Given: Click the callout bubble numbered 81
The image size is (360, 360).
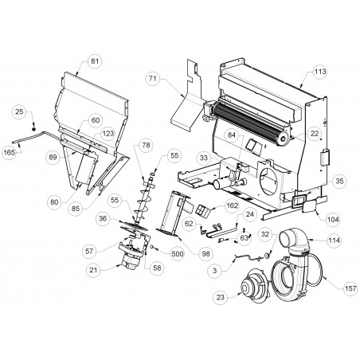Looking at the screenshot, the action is tap(95, 61).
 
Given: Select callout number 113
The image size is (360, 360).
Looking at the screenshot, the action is tap(319, 72).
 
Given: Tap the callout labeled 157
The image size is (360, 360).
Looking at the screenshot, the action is tap(350, 288).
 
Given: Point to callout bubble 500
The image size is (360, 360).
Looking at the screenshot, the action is tap(177, 254).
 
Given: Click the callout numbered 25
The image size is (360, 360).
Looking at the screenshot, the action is tap(19, 112).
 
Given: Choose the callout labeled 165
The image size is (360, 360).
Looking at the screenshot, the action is tap(10, 153).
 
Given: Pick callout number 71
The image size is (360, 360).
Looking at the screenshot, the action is tap(153, 78).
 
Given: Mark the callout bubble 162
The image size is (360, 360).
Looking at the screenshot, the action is tap(232, 205).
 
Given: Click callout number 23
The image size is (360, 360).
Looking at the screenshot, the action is tap(221, 297).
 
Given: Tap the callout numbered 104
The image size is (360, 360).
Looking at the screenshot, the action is tap(333, 219).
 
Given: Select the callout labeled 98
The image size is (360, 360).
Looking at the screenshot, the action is tap(205, 254).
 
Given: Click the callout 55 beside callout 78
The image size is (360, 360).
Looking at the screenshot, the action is tap(174, 155).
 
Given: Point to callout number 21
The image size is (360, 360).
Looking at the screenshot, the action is tap(93, 270).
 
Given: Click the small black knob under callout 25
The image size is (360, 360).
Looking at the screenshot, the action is tap(33, 129).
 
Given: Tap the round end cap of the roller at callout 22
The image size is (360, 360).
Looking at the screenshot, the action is tap(283, 139).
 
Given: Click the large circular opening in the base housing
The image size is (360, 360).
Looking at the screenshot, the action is tap(268, 182).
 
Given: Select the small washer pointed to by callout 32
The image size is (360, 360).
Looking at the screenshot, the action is tap(265, 256).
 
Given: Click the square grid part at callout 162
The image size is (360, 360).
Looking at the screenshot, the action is tap(202, 210).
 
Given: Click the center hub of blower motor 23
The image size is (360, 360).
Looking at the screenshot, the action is tap(245, 288).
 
